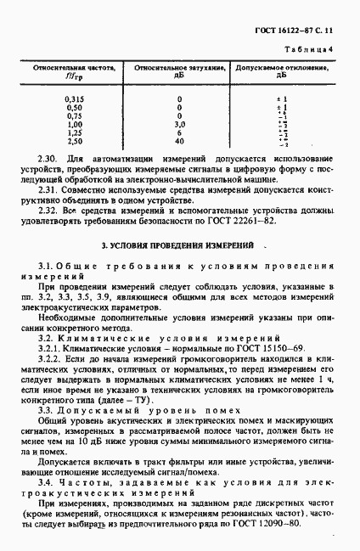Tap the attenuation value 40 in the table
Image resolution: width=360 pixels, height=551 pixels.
pyautogui.click(x=179, y=142)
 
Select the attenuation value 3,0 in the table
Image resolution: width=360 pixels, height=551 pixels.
pyautogui.click(x=179, y=125)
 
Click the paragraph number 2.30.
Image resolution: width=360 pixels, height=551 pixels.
pyautogui.click(x=48, y=160)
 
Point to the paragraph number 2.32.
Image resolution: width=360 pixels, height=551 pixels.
pyautogui.click(x=48, y=209)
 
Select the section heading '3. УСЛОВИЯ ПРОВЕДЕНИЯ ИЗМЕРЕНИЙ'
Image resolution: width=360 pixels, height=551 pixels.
pyautogui.click(x=178, y=245)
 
